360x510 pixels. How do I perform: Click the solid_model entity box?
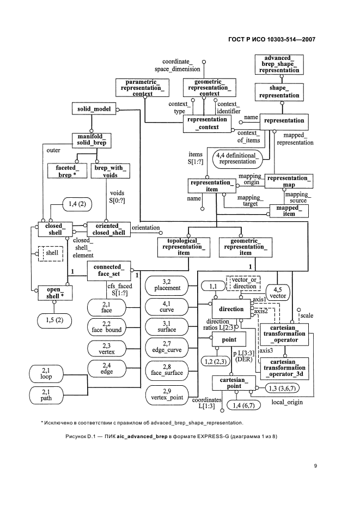click(x=94, y=109)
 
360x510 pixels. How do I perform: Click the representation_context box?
click(x=206, y=123)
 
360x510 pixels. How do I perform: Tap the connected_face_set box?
click(x=109, y=270)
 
